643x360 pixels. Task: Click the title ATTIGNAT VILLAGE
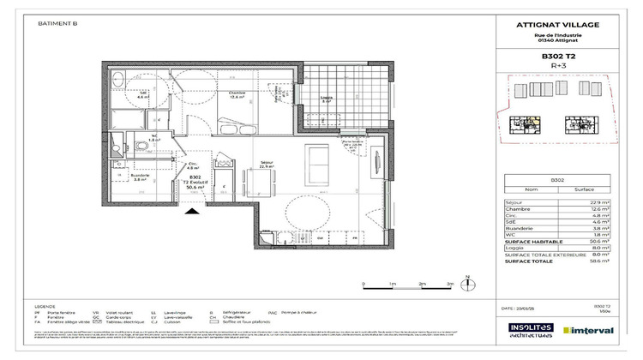pyautogui.click(x=557, y=25)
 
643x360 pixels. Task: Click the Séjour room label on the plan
pyautogui.click(x=266, y=164)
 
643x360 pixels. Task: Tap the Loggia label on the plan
pyautogui.click(x=326, y=99)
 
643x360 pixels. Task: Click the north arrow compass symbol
pyautogui.click(x=467, y=279)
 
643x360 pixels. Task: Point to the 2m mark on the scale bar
pyautogui.click(x=421, y=283)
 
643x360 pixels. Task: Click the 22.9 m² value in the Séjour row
pyautogui.click(x=599, y=202)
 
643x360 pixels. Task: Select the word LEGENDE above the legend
pyautogui.click(x=46, y=306)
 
